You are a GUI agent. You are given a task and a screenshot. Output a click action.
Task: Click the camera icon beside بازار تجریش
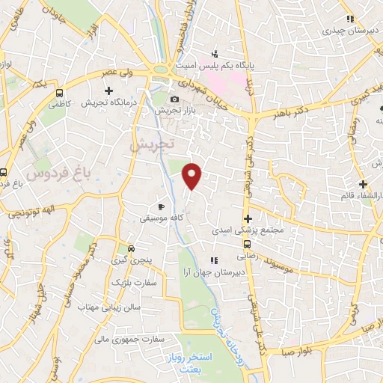[174, 99]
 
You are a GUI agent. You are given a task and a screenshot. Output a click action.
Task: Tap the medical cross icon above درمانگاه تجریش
[108, 91]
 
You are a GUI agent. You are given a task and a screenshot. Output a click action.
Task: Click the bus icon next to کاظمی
[59, 94]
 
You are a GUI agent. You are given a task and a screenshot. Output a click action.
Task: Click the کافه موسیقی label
[159, 219]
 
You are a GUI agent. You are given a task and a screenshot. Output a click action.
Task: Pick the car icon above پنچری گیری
[131, 248]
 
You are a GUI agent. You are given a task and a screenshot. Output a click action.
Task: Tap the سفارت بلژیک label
[132, 284]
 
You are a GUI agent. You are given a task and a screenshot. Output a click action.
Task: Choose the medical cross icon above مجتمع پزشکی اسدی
[248, 218]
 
